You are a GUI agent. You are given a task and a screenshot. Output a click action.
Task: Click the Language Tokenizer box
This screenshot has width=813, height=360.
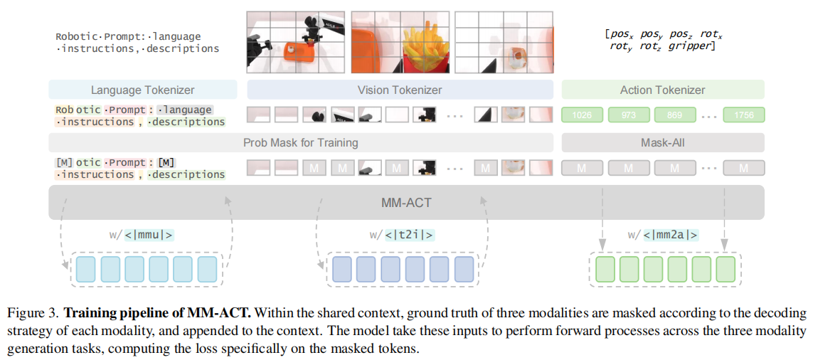142,90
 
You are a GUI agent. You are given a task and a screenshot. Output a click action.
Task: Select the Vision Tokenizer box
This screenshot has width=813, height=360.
399,90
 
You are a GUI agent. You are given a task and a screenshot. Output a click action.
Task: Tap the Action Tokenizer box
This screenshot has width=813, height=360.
662,90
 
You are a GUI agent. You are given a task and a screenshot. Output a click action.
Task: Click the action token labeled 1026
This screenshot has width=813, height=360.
583,115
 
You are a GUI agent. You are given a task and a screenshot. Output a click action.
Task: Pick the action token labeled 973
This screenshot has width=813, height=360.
628,115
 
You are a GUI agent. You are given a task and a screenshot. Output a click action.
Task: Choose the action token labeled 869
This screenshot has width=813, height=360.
674,115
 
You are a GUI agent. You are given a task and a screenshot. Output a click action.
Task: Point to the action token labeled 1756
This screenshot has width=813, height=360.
743,115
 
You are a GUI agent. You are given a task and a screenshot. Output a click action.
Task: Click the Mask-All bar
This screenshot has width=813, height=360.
662,142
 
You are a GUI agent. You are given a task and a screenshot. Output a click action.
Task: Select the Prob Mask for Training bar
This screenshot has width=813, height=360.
300,142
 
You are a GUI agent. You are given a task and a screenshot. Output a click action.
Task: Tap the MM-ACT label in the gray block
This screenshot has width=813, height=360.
406,203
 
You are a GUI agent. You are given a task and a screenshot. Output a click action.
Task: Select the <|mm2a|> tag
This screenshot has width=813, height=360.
671,235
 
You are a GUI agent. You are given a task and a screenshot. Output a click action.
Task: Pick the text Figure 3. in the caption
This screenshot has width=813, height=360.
31,313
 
